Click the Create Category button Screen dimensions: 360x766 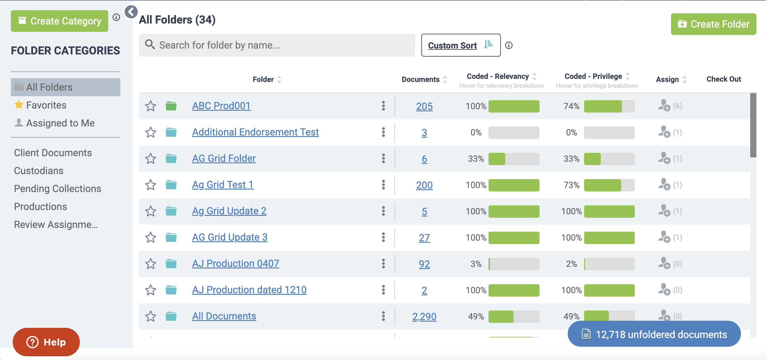(59, 21)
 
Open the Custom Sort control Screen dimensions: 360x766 (460, 45)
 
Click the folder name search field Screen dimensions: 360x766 (277, 45)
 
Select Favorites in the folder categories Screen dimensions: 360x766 (46, 105)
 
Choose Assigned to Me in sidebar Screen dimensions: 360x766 (60, 123)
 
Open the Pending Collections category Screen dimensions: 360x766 (58, 189)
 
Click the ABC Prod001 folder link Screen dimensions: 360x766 (221, 106)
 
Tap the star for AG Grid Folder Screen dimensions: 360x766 (151, 159)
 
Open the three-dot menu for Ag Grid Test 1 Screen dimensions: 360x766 (383, 185)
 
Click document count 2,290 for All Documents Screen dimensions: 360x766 (424, 316)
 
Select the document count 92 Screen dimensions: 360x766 (424, 264)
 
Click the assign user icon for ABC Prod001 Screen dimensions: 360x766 (664, 105)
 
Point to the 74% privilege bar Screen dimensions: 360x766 (609, 106)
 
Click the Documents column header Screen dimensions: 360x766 (420, 79)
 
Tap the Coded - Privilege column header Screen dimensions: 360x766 (593, 76)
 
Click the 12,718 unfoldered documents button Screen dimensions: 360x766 (654, 334)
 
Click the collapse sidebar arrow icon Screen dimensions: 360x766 (131, 12)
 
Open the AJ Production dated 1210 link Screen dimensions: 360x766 (249, 290)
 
